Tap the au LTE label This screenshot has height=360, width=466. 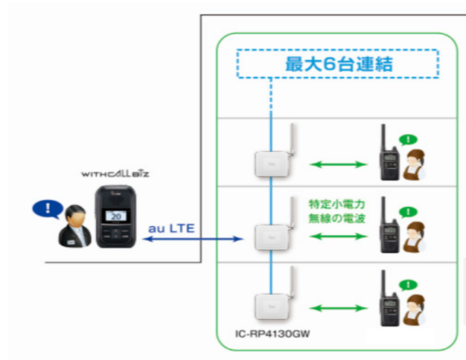[172, 228]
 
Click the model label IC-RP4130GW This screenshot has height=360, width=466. [262, 332]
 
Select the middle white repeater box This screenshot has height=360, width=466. [269, 237]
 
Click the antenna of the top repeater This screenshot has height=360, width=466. [290, 141]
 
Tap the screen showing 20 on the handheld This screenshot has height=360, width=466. [115, 214]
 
